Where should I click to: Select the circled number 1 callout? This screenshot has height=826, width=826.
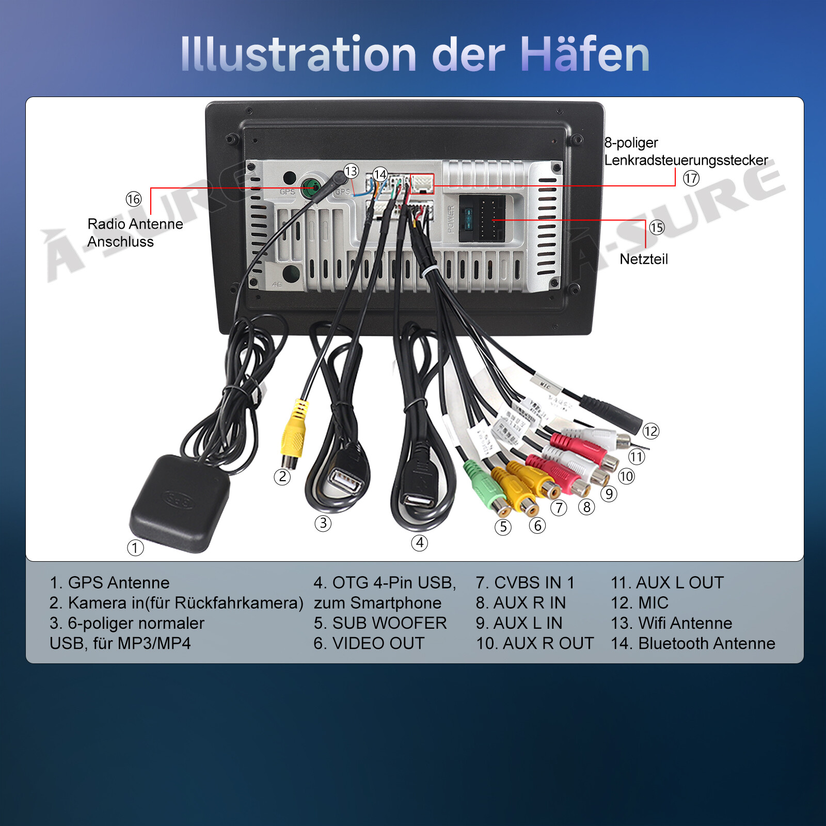click(135, 548)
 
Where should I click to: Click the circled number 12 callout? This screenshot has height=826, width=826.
click(650, 431)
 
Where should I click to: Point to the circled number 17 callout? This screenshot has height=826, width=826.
click(691, 179)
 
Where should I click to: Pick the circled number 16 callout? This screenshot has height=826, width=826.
click(133, 199)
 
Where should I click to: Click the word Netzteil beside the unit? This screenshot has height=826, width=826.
click(643, 259)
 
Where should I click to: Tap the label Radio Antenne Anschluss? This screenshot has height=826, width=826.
click(135, 233)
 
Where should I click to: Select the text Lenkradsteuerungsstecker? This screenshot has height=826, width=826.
click(686, 161)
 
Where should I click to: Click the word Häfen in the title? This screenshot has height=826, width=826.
click(584, 54)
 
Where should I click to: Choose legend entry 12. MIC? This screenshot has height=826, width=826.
click(639, 603)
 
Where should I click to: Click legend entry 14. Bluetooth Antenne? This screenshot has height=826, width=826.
click(693, 644)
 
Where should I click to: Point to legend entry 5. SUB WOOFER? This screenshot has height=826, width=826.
click(380, 623)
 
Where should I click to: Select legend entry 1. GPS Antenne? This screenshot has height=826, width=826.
click(109, 583)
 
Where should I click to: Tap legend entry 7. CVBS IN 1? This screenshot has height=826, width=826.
click(525, 583)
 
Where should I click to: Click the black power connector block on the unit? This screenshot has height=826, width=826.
click(482, 218)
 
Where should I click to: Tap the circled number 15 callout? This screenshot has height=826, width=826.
click(657, 228)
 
